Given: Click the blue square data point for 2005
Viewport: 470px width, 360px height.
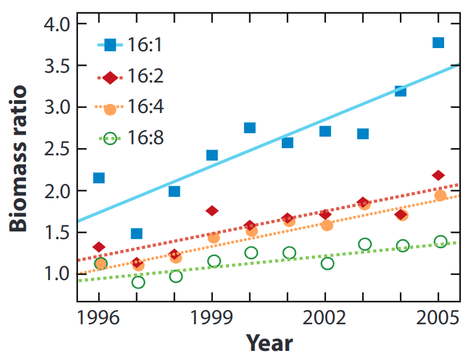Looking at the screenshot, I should tap(438, 43).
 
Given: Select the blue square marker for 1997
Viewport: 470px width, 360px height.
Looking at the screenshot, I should tap(136, 233).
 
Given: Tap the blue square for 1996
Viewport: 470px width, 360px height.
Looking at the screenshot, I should tap(99, 178).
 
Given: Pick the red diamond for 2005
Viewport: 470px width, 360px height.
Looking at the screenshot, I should tap(438, 175).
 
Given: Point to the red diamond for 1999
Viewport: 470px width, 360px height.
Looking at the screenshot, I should tap(212, 211).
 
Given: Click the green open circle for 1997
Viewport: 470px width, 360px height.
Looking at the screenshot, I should tap(138, 282).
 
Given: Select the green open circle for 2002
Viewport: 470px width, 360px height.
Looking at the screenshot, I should tap(327, 263).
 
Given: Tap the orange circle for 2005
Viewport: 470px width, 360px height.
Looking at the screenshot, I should tap(440, 196).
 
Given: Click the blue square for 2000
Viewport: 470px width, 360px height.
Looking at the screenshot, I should tap(249, 127).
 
